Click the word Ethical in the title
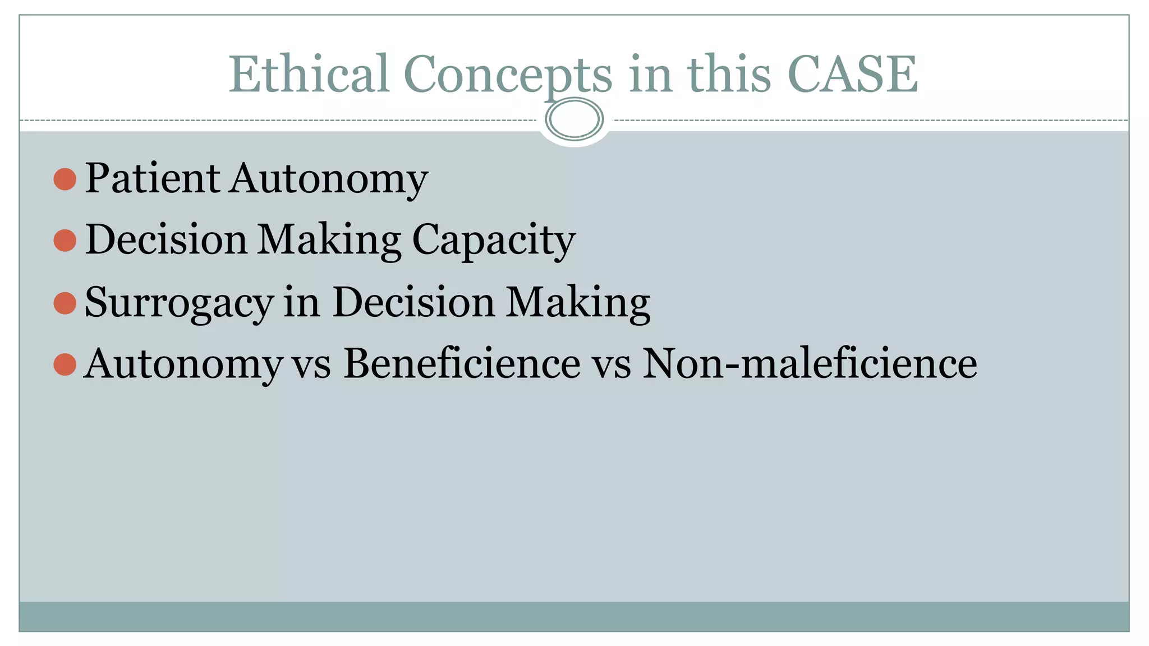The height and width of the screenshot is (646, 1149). click(x=309, y=74)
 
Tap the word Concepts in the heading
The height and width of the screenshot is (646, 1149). click(x=508, y=75)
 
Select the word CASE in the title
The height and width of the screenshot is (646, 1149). click(x=852, y=74)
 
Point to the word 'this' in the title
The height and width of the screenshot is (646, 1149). click(x=729, y=74)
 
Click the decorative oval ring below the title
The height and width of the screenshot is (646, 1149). click(x=574, y=119)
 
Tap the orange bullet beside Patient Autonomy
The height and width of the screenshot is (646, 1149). click(x=65, y=179)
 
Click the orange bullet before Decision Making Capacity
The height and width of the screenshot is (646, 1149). click(x=65, y=241)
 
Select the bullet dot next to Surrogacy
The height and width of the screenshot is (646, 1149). click(x=65, y=303)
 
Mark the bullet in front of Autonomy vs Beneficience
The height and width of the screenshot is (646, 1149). click(x=65, y=364)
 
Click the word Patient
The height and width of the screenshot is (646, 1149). click(x=152, y=178)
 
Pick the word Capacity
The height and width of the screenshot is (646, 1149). click(x=494, y=241)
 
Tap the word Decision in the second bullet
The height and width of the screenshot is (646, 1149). click(x=166, y=239)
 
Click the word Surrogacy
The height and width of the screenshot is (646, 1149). click(x=179, y=303)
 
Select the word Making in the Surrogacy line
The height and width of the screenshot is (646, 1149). click(x=578, y=303)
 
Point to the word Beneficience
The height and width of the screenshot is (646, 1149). click(x=462, y=363)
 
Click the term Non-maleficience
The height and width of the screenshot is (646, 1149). click(x=809, y=363)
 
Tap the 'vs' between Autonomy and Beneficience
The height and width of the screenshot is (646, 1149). click(x=312, y=366)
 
